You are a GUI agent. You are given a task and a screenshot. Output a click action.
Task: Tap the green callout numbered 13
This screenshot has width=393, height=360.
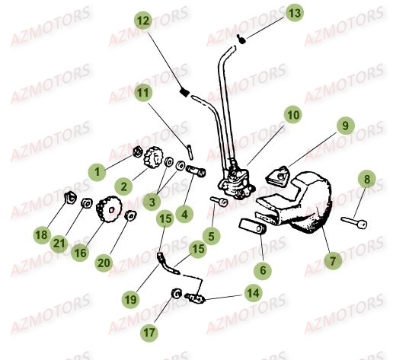click(293, 12)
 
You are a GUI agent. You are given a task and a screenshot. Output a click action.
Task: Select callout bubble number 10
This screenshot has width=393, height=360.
click(292, 115)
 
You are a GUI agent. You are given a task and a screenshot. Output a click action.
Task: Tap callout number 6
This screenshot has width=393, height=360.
click(263, 269)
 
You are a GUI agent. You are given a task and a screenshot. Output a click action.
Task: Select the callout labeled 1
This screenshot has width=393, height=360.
click(97, 173)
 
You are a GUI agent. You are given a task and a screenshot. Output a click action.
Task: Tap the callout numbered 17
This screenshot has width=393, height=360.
click(150, 332)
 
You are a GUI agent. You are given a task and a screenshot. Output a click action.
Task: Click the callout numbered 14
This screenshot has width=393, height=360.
click(252, 292)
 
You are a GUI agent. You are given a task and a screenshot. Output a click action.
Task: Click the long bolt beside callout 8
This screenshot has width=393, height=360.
click(353, 223)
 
